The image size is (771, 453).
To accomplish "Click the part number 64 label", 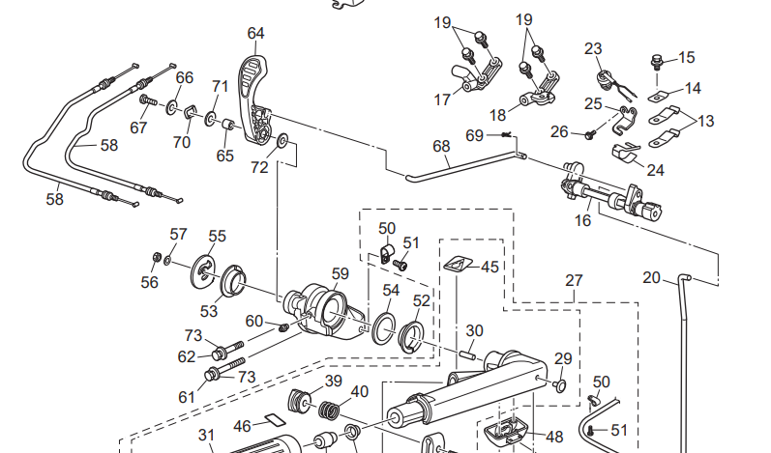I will (255, 33).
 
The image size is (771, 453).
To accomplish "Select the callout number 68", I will (441, 146).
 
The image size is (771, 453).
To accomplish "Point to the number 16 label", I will (582, 220).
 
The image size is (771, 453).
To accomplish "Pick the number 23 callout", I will (593, 47).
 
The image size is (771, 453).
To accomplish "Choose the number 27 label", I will (575, 281).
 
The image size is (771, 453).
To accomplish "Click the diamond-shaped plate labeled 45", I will (459, 263).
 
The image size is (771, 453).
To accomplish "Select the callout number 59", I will (339, 273).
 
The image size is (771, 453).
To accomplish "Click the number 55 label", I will (217, 236).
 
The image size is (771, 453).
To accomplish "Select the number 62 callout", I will (186, 356).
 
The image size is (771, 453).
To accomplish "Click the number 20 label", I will (651, 278).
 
